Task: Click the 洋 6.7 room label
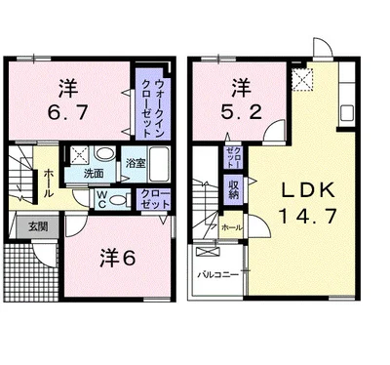[67, 98]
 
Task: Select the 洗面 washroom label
[95, 173]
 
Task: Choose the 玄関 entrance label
[26, 225]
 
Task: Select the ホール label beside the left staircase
[48, 182]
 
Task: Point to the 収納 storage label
[234, 187]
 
